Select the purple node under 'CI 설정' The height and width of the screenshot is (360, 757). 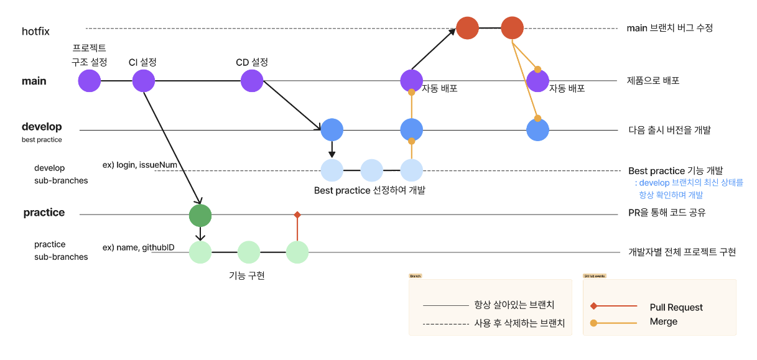(x=143, y=81)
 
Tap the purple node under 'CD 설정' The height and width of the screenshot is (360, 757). (x=252, y=81)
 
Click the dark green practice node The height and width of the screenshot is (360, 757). (x=200, y=215)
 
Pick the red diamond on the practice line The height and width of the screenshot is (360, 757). (x=297, y=215)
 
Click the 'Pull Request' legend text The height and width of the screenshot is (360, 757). (x=676, y=307)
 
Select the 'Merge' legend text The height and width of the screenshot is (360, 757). (x=663, y=321)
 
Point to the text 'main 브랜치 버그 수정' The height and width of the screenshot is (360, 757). (x=669, y=28)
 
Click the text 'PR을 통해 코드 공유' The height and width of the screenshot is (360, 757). (x=667, y=213)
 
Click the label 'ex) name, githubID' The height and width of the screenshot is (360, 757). (x=138, y=247)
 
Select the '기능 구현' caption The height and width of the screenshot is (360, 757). (x=247, y=275)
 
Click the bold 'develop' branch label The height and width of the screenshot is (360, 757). (x=42, y=127)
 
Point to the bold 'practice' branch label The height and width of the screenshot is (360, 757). (x=44, y=213)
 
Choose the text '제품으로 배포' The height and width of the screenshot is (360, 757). (x=653, y=80)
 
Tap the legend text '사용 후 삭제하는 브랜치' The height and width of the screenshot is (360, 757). (x=519, y=323)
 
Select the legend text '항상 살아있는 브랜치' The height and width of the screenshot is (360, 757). (x=514, y=305)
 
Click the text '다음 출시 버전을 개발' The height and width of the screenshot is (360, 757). (x=670, y=130)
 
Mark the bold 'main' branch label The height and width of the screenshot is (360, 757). (x=34, y=81)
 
